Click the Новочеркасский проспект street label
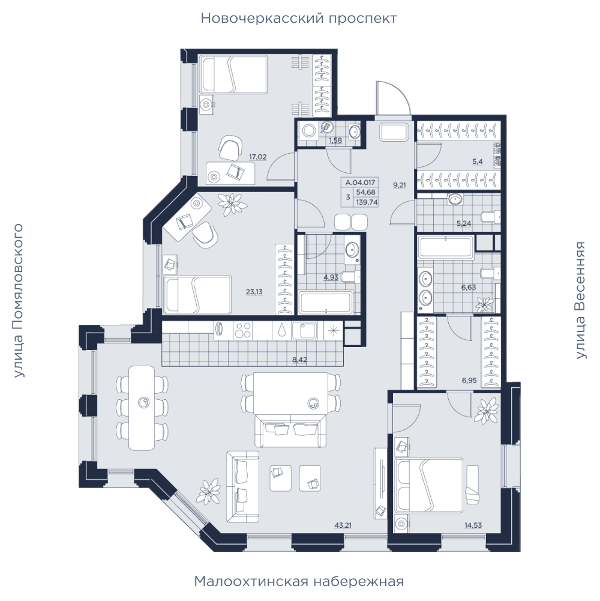click(298, 19)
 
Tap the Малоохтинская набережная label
click(299, 581)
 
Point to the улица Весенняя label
click(581, 300)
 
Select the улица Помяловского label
click(18, 301)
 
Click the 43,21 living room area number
click(343, 525)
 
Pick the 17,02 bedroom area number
click(258, 157)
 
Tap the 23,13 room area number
click(254, 292)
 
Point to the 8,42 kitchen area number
click(299, 360)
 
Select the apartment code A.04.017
click(360, 183)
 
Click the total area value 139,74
click(367, 202)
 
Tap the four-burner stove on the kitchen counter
click(243, 330)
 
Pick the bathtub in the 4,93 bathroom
click(326, 303)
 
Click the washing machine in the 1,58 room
click(309, 131)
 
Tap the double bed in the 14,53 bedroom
click(428, 485)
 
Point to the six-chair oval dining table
click(142, 408)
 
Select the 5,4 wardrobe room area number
click(478, 162)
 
